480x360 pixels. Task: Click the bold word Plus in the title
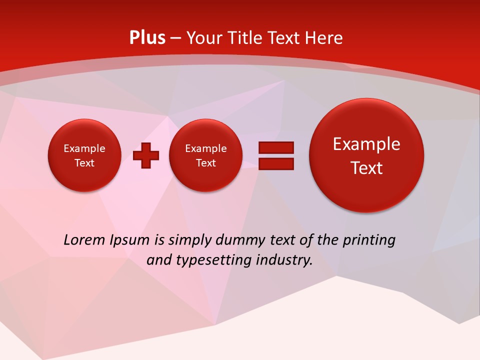tap(147, 38)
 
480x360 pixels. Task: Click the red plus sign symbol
tap(146, 155)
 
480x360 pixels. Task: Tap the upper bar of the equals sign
tap(275, 148)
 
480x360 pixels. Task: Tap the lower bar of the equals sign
tap(275, 164)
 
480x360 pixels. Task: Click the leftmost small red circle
tap(84, 155)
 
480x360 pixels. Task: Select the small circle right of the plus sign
tap(205, 155)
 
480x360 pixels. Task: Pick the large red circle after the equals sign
tap(366, 155)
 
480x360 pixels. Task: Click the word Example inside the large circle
tap(366, 144)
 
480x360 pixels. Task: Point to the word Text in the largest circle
tap(366, 168)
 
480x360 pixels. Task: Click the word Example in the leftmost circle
tap(84, 148)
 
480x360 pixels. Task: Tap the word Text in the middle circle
tap(205, 163)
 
